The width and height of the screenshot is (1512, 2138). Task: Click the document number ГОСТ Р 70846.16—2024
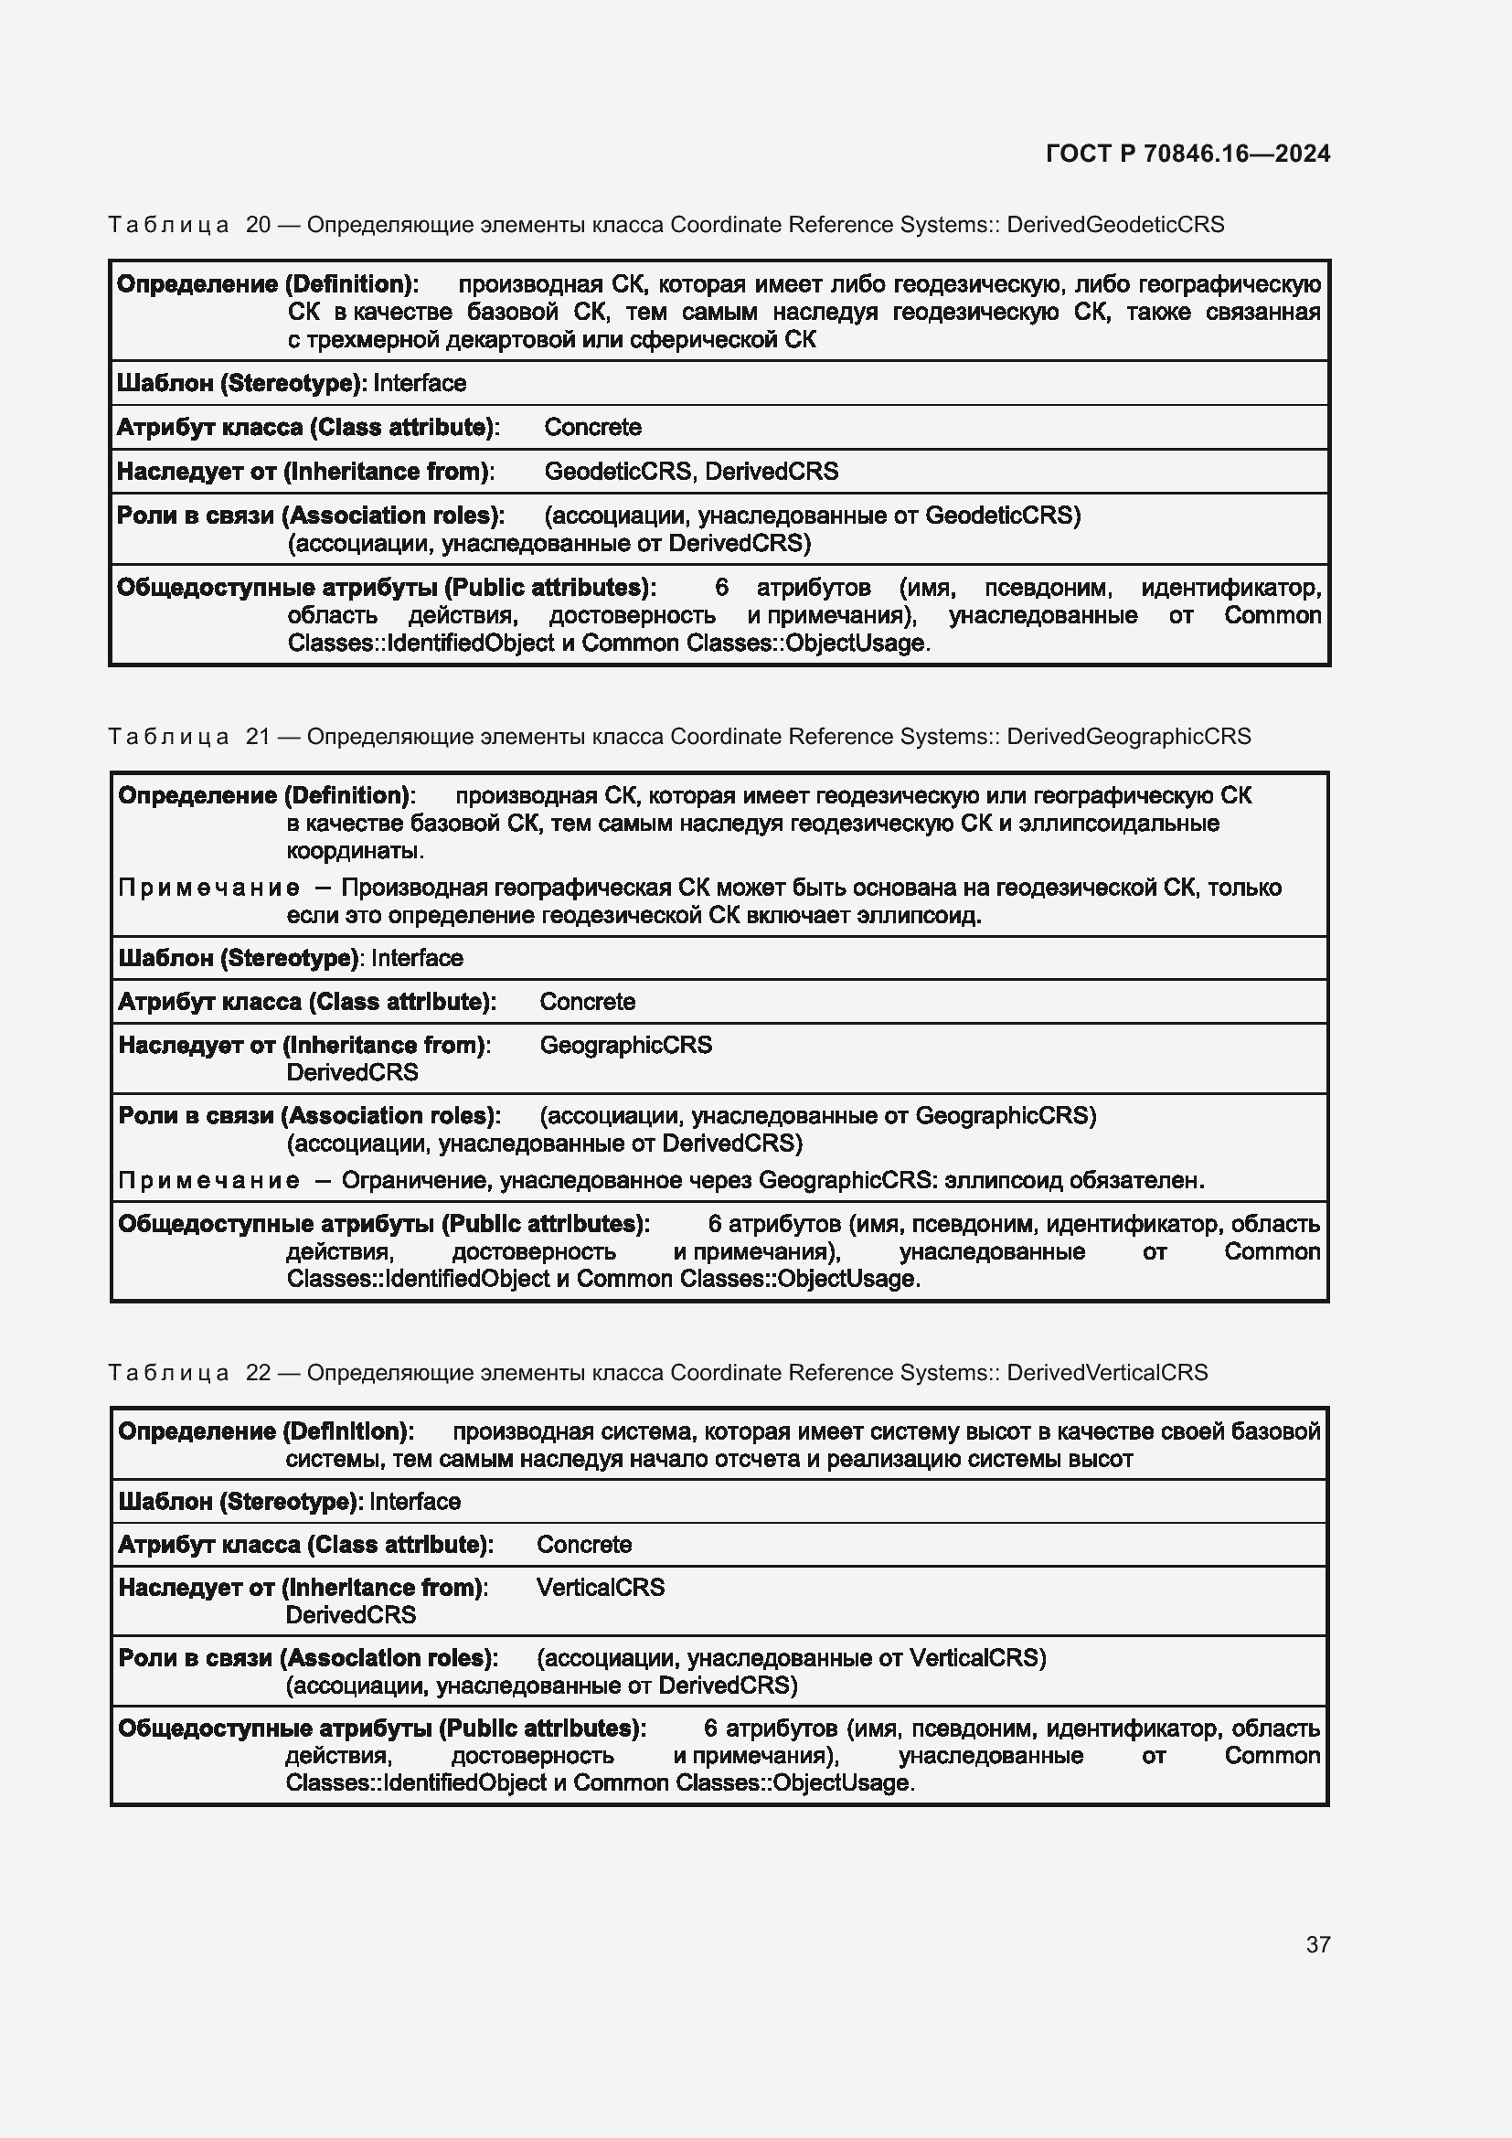(x=1187, y=154)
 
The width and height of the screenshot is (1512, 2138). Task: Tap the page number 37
(x=1317, y=1944)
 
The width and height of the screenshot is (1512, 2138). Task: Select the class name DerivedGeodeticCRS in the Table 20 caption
(x=1115, y=225)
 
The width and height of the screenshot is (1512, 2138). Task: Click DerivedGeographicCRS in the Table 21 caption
(x=1128, y=737)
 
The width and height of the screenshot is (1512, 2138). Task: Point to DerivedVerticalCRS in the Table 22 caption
(x=1107, y=1373)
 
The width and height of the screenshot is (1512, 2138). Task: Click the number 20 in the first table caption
(x=258, y=225)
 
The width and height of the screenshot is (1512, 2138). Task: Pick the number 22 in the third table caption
(x=258, y=1373)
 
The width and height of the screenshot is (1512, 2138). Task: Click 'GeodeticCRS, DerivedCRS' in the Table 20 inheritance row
(x=691, y=471)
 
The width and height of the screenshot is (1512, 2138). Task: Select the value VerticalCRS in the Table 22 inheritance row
(x=601, y=1587)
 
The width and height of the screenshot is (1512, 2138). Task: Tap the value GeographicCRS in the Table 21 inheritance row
(x=625, y=1045)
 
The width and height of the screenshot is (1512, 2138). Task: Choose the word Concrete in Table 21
(x=588, y=1002)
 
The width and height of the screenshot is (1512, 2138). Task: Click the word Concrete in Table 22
(x=584, y=1544)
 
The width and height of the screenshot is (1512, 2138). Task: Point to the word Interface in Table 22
(x=415, y=1501)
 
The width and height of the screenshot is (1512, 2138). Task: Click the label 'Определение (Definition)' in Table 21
(x=265, y=795)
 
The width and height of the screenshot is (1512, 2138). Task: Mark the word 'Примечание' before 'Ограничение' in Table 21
(x=208, y=1181)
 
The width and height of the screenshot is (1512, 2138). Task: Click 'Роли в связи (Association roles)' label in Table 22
(x=307, y=1657)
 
